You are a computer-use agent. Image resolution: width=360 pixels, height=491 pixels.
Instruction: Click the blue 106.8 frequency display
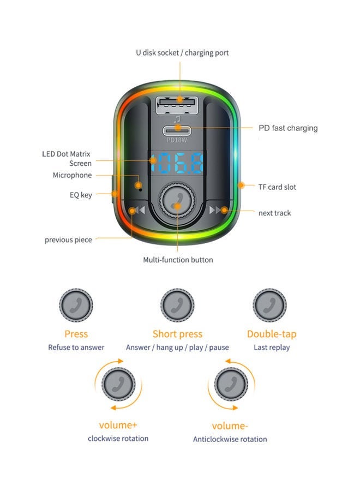point(177,162)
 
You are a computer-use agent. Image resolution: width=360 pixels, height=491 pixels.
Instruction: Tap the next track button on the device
point(218,210)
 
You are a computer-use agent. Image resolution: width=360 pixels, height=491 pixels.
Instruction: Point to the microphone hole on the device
point(140,185)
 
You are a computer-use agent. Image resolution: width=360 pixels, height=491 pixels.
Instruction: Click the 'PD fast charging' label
point(287,128)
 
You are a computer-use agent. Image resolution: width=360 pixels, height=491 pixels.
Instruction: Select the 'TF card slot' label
point(277,187)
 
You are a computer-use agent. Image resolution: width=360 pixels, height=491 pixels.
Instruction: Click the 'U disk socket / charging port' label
point(182,53)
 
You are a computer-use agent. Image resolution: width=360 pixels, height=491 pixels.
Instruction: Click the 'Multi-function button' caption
point(178,260)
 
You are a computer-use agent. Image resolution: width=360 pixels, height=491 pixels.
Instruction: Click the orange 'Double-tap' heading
point(272,334)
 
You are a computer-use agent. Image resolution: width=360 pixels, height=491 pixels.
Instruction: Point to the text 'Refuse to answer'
point(76,348)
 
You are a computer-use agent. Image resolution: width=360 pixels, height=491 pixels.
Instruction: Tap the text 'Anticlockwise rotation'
point(230,439)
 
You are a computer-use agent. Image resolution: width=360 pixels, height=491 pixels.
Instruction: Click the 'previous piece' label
point(68,239)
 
